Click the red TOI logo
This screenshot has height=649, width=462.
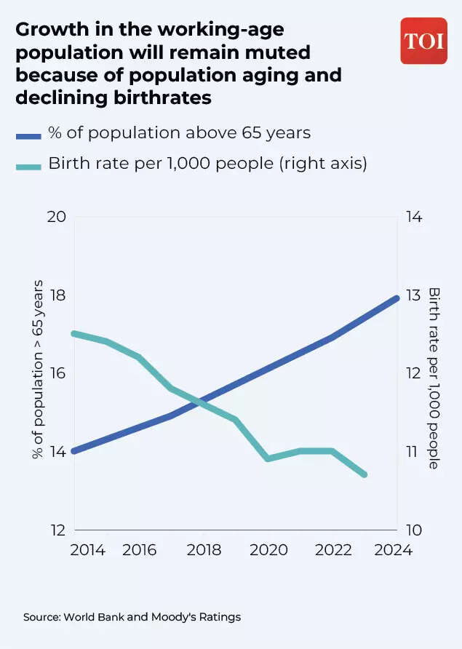pyautogui.click(x=423, y=41)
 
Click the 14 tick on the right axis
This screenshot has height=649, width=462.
pyautogui.click(x=413, y=218)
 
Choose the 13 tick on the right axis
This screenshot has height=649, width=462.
pyautogui.click(x=413, y=295)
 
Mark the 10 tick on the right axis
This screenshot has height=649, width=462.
pyautogui.click(x=413, y=530)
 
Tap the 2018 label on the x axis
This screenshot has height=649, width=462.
pyautogui.click(x=204, y=550)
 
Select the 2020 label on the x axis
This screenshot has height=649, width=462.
pyautogui.click(x=268, y=550)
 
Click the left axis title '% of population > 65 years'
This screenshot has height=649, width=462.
pyautogui.click(x=38, y=370)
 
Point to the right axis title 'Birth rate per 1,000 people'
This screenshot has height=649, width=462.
pyautogui.click(x=434, y=377)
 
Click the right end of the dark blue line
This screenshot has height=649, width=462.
pyautogui.click(x=397, y=298)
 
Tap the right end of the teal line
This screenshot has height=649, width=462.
pyautogui.click(x=365, y=474)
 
